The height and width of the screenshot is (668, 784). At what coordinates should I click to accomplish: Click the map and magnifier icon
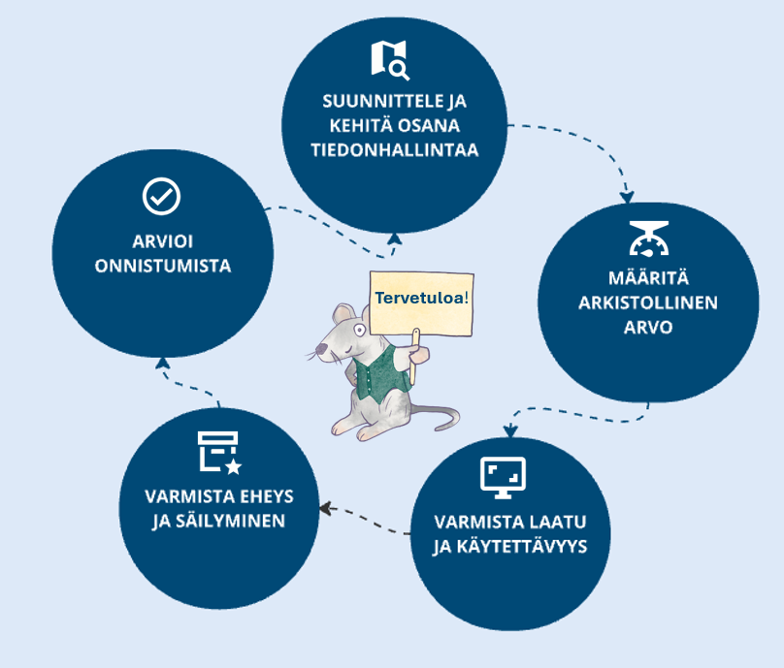pos(390,59)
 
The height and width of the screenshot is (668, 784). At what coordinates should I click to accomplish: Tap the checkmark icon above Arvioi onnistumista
pos(161,196)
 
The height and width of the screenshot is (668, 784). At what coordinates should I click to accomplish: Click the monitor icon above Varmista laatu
pos(503,476)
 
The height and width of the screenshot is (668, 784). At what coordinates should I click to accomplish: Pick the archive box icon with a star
pos(219,453)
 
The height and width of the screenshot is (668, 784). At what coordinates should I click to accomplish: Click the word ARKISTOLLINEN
pos(647,302)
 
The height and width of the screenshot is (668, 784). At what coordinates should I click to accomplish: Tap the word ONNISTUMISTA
pos(163,266)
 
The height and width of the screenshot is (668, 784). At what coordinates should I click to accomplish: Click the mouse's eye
pos(360,330)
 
